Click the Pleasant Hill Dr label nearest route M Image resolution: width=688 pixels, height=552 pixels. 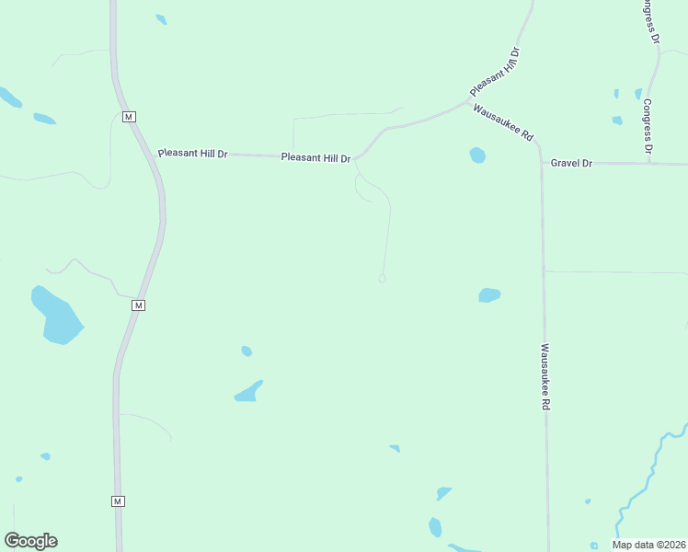coord(192,154)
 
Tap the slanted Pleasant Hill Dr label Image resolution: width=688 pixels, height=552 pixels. coord(495,72)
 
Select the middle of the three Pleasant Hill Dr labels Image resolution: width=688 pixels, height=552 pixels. coord(315,158)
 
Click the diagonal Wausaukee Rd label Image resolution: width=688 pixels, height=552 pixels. coord(503,122)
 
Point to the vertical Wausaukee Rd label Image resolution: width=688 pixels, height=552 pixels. coord(545,377)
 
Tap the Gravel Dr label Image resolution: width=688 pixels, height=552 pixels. coord(571,163)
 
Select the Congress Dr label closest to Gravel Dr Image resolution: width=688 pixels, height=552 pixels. coord(648,126)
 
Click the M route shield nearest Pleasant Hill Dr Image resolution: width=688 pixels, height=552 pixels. coord(129,117)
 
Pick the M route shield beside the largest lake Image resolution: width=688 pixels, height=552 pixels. coord(139,305)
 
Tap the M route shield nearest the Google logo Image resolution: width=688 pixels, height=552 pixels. coord(118,501)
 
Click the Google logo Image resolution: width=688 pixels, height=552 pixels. coord(31,541)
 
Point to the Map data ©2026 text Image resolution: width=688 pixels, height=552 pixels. coord(649,545)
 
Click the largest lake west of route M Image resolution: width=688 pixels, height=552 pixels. coord(57,316)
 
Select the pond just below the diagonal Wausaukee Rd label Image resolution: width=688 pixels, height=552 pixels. coord(477,155)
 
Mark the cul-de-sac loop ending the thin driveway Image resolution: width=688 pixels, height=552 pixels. coord(382,279)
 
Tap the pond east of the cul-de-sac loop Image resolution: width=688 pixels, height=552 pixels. coord(489,295)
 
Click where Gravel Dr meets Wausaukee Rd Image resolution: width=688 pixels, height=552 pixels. coord(541,162)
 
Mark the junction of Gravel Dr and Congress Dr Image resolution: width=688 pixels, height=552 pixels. coord(649,164)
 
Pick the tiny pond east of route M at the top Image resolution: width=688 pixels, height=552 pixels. coord(162,19)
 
